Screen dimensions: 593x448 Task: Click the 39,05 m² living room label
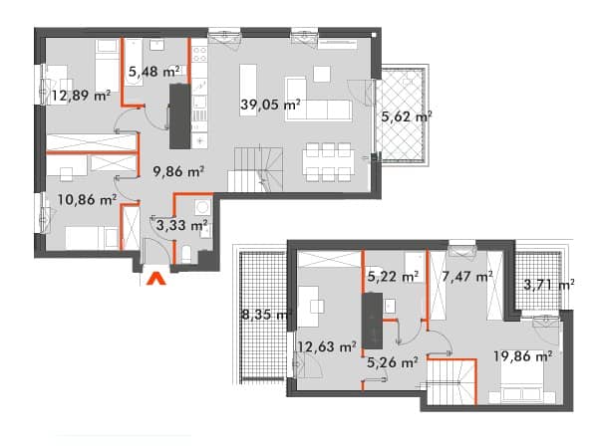pyautogui.click(x=270, y=104)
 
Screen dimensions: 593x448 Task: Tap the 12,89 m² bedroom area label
pyautogui.click(x=81, y=96)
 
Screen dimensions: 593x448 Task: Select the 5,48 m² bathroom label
pyautogui.click(x=153, y=71)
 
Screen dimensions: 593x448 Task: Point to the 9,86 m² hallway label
pyautogui.click(x=178, y=171)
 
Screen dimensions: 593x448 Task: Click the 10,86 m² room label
pyautogui.click(x=87, y=199)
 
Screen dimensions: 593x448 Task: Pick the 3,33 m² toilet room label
pyautogui.click(x=181, y=225)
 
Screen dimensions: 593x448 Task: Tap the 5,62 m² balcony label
pyautogui.click(x=407, y=116)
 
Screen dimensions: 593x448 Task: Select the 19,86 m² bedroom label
pyautogui.click(x=522, y=355)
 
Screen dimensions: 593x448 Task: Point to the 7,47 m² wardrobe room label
pyautogui.click(x=467, y=277)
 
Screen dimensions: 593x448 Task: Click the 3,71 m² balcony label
pyautogui.click(x=549, y=284)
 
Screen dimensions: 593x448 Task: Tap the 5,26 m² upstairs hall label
pyautogui.click(x=393, y=362)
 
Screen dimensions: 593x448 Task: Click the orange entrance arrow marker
pyautogui.click(x=156, y=279)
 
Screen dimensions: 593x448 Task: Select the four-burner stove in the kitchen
pyautogui.click(x=199, y=54)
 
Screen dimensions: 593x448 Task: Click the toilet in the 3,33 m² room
pyautogui.click(x=186, y=254)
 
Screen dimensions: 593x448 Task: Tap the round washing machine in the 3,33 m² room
pyautogui.click(x=203, y=207)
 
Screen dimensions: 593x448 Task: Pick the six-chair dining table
pyautogui.click(x=328, y=162)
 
